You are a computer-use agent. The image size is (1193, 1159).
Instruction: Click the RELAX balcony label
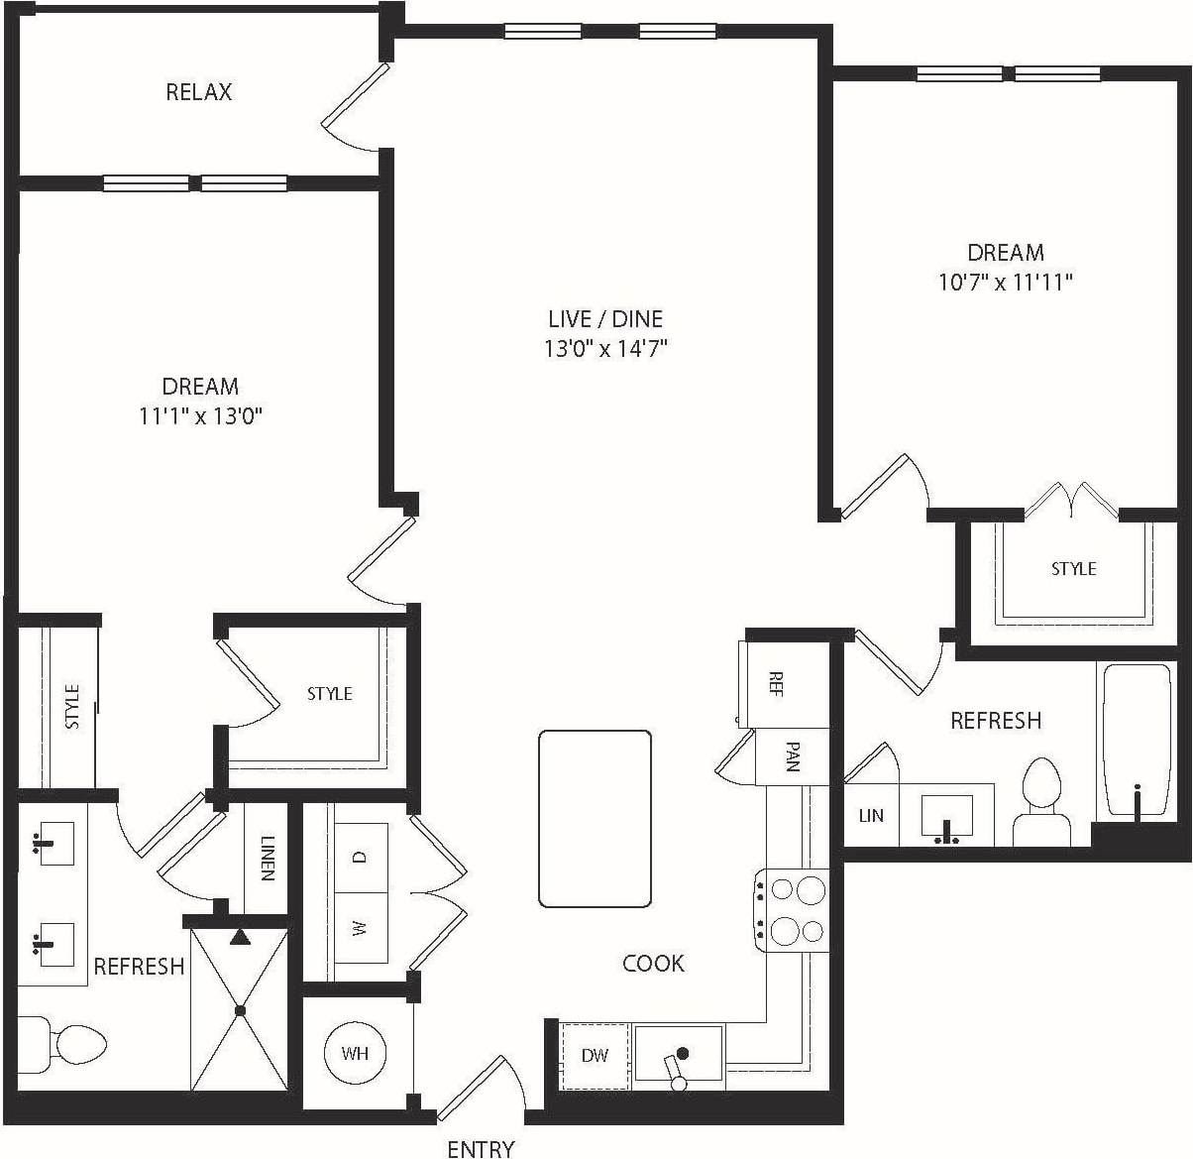(198, 92)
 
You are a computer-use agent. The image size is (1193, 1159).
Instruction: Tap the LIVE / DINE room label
(605, 318)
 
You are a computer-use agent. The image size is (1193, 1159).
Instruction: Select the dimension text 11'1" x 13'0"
(200, 416)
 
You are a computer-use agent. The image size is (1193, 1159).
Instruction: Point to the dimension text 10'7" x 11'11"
(1006, 283)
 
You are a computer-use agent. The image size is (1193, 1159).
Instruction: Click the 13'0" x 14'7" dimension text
(605, 348)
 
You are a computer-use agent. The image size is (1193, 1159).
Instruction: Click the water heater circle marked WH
(355, 1053)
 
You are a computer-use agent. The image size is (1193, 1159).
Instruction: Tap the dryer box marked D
(360, 858)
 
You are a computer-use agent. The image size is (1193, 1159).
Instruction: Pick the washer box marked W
(360, 929)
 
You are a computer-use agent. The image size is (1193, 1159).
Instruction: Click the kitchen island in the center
(595, 819)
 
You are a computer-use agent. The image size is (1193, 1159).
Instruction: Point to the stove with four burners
(793, 910)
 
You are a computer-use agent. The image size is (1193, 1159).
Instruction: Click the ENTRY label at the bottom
(481, 1148)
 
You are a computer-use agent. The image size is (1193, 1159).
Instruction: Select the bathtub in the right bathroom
(1136, 739)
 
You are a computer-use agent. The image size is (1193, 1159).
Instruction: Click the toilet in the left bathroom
(69, 1043)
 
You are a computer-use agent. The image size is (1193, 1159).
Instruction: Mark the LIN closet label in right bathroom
(871, 816)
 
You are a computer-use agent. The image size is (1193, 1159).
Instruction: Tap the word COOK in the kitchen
(653, 963)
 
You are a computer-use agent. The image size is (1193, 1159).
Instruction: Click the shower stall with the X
(240, 1009)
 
